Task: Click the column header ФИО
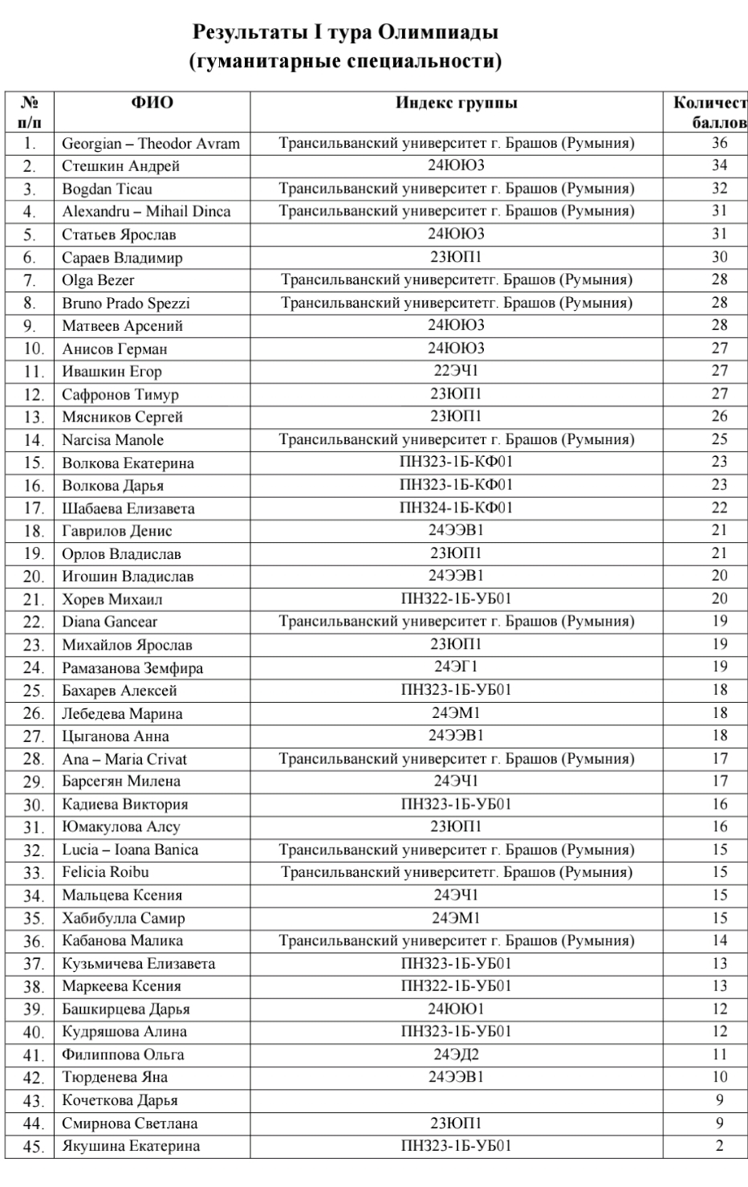152,103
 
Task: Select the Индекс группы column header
456,103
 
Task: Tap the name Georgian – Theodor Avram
151,144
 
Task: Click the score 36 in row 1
719,143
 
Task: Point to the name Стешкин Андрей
120,166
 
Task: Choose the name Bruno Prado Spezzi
126,304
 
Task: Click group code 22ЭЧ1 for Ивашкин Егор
456,371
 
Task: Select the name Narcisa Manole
112,440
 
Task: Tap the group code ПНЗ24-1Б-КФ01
456,508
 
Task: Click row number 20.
33,577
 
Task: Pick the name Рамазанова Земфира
132,668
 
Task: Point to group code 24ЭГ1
456,667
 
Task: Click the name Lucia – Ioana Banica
130,850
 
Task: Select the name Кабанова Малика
122,940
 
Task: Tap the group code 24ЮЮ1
456,1009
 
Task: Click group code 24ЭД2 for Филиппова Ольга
456,1054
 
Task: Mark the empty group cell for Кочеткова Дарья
456,1100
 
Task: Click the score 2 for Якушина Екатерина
719,1146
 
